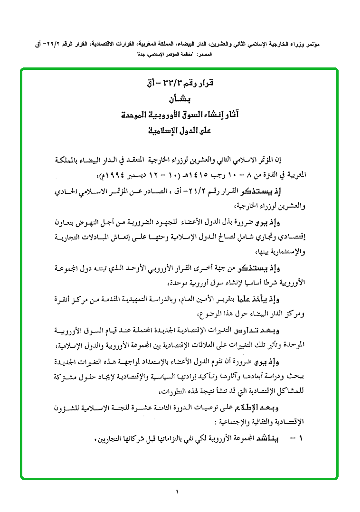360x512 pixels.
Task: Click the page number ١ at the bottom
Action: [x=176, y=492]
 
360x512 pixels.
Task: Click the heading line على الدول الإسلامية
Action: [x=178, y=131]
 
